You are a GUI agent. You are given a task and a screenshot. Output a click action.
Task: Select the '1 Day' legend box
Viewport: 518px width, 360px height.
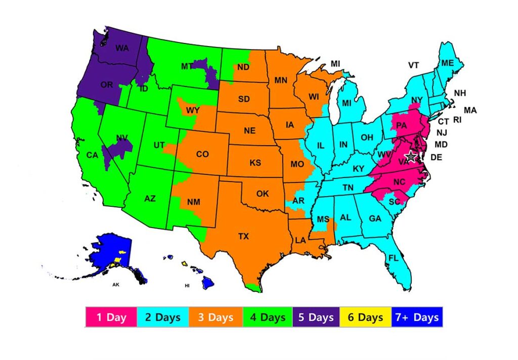(111, 317)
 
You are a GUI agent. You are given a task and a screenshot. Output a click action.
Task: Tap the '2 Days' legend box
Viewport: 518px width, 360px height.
(162, 317)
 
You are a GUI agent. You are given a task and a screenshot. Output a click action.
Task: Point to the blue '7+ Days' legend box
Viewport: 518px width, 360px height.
(416, 317)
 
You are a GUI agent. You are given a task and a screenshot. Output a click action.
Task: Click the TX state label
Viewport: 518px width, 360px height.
(244, 236)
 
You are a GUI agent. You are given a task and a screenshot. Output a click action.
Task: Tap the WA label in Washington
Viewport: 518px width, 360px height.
(122, 49)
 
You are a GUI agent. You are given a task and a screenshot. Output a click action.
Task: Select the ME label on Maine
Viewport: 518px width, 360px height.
(447, 63)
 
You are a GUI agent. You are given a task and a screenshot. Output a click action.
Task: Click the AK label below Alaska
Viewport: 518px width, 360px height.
(116, 285)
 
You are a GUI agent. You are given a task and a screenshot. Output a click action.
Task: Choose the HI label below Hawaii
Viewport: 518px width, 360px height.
(187, 286)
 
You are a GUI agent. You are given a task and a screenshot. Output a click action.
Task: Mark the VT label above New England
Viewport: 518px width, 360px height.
(414, 65)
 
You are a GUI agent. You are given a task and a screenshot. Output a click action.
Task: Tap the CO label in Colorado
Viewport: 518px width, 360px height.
(202, 154)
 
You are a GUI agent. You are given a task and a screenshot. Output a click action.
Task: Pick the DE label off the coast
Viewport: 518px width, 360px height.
(436, 158)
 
